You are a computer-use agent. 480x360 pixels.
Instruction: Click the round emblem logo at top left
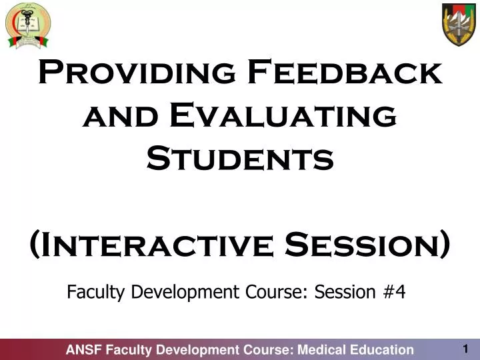28,25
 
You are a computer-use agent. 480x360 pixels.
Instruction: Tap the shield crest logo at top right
459,24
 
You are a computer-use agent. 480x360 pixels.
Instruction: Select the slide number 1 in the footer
465,349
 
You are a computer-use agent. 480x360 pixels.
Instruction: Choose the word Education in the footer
381,350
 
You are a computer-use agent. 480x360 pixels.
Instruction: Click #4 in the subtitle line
394,292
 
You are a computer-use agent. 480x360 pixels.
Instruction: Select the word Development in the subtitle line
178,292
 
